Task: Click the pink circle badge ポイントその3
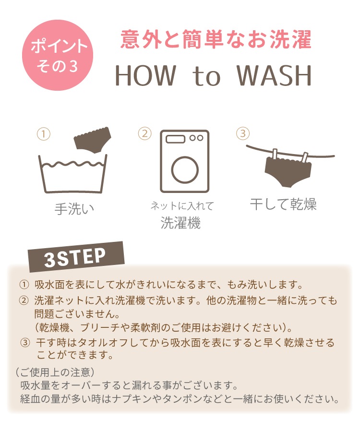pyautogui.click(x=58, y=55)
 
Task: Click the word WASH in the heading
pyautogui.click(x=274, y=75)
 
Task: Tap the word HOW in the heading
pyautogui.click(x=145, y=75)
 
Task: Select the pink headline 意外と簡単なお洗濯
pyautogui.click(x=216, y=39)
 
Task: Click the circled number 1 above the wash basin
pyautogui.click(x=44, y=134)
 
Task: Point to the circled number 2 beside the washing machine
pyautogui.click(x=144, y=133)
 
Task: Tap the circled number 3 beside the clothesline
pyautogui.click(x=243, y=133)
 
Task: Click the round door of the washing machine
pyautogui.click(x=185, y=169)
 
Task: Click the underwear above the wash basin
pyautogui.click(x=93, y=139)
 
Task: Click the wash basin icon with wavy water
pyautogui.click(x=72, y=174)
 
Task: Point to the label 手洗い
pyautogui.click(x=74, y=209)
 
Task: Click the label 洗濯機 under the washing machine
pyautogui.click(x=180, y=223)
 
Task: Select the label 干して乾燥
pyautogui.click(x=283, y=204)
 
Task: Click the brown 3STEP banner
pyautogui.click(x=76, y=257)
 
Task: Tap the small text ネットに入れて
pyautogui.click(x=182, y=206)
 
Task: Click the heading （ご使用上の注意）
pyautogui.click(x=55, y=372)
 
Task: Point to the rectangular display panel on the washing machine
pyautogui.click(x=176, y=139)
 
